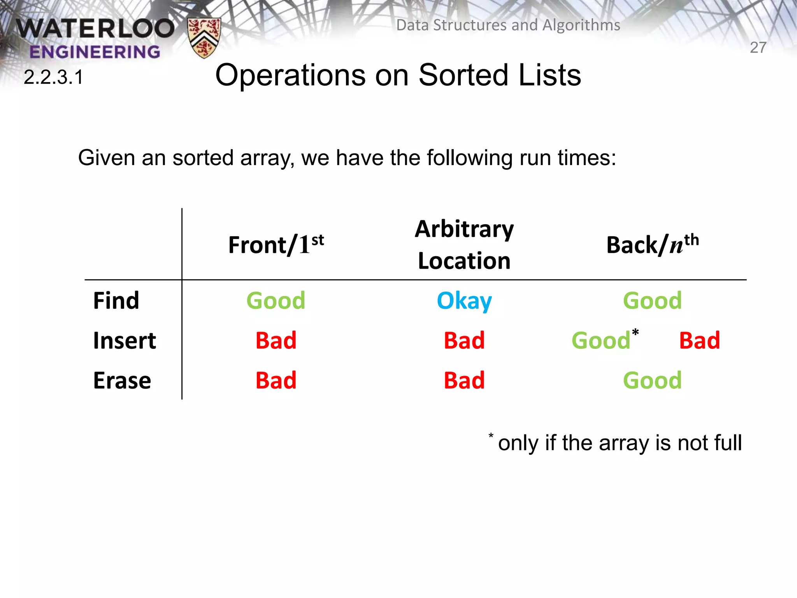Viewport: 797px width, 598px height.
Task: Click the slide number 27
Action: [758, 48]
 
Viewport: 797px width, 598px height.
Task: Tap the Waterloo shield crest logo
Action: [204, 37]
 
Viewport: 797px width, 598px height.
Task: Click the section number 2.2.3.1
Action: [54, 77]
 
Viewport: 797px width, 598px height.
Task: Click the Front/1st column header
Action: [276, 245]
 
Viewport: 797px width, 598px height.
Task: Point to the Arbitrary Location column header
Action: [464, 244]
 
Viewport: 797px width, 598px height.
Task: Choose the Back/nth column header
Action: [653, 245]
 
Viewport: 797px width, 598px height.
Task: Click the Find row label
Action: [116, 301]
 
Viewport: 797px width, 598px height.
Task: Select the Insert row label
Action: [125, 341]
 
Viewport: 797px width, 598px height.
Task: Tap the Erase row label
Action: [122, 380]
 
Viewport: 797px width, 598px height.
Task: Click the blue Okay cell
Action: [464, 301]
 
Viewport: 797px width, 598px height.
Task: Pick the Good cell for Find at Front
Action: [276, 301]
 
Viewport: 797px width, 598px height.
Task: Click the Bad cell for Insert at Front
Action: [276, 341]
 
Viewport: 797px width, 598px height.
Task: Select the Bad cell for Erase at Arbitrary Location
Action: [464, 380]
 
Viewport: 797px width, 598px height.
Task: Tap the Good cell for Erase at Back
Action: [653, 380]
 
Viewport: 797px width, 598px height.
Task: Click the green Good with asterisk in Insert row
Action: [602, 341]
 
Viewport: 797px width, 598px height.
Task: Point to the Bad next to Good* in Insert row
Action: [699, 341]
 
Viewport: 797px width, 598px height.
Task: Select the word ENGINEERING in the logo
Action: [95, 52]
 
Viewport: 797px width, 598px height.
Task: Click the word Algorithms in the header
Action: [581, 25]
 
